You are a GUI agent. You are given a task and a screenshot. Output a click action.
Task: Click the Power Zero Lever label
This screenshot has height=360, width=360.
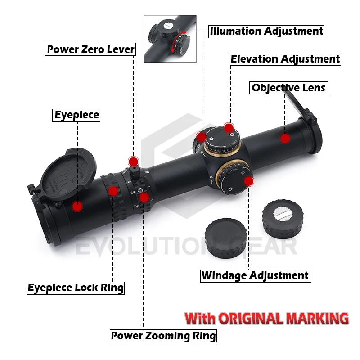pyautogui.click(x=90, y=49)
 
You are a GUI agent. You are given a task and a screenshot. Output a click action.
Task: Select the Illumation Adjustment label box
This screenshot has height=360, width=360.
pyautogui.click(x=266, y=31)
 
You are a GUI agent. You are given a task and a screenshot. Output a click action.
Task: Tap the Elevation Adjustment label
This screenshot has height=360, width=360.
pyautogui.click(x=285, y=59)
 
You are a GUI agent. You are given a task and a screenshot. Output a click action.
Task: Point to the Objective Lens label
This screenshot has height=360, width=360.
pyautogui.click(x=288, y=88)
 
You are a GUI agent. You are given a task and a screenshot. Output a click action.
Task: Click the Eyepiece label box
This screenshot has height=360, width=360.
pyautogui.click(x=76, y=115)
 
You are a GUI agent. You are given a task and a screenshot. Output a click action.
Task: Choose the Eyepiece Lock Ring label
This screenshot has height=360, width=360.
pyautogui.click(x=76, y=288)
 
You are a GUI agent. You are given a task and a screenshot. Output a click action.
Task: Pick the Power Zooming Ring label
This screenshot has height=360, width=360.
pyautogui.click(x=164, y=335)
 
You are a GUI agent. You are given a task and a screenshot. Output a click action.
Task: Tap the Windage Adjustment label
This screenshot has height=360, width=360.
pyautogui.click(x=255, y=275)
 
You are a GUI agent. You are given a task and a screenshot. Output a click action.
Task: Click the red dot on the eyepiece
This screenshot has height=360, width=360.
pyautogui.click(x=77, y=206)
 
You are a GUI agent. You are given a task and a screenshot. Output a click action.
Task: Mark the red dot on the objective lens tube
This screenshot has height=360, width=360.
pyautogui.click(x=285, y=138)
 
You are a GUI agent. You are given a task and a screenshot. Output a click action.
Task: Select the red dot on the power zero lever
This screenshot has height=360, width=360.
pyautogui.click(x=133, y=162)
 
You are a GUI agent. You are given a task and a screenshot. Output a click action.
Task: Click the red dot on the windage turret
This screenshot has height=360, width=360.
pyautogui.click(x=249, y=181)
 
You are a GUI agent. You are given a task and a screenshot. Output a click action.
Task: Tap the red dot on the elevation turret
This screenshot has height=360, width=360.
pyautogui.click(x=229, y=127)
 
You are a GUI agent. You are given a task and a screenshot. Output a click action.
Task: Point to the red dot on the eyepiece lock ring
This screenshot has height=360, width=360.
pyautogui.click(x=113, y=191)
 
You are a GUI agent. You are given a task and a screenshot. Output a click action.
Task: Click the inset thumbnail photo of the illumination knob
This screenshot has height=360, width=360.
pyautogui.click(x=171, y=39)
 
